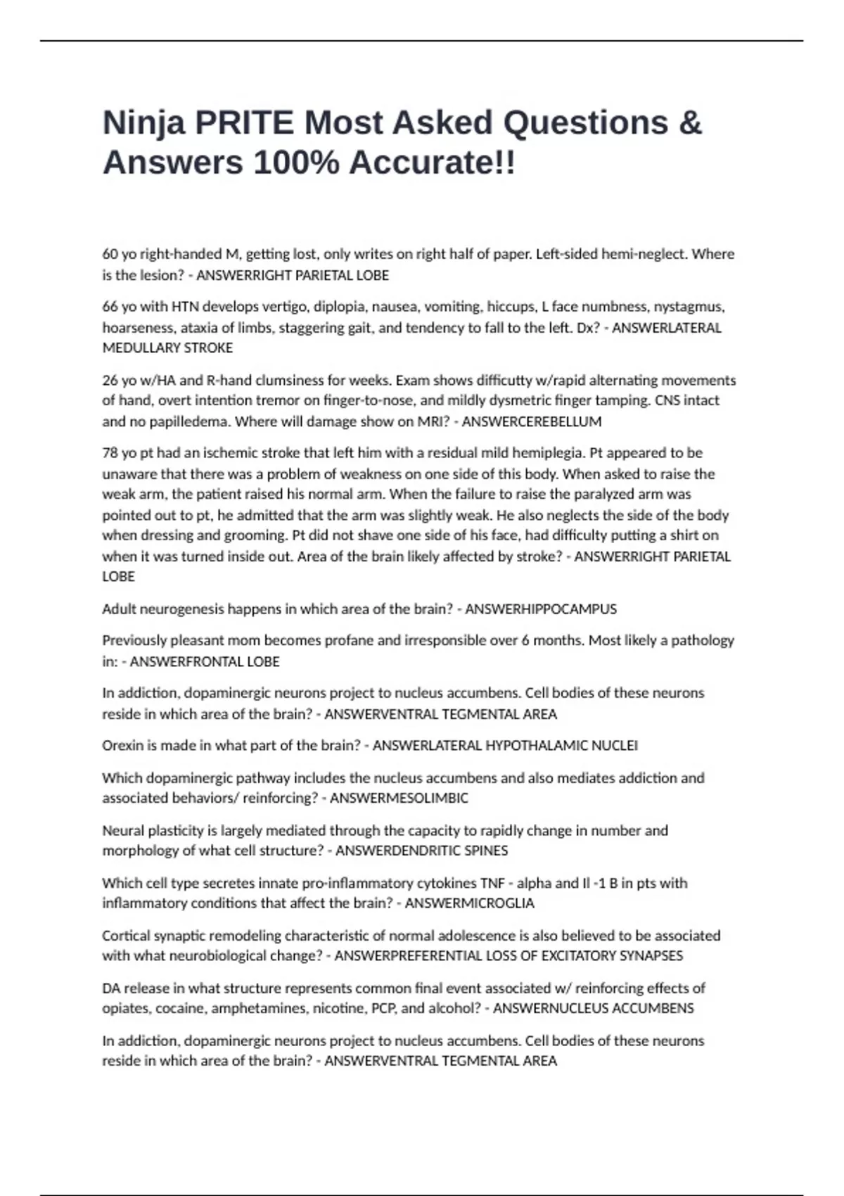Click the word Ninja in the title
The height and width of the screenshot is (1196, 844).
144,123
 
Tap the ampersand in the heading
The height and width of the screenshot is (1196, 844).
691,123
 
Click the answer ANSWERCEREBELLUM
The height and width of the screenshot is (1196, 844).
531,421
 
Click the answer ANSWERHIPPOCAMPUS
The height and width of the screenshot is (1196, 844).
541,609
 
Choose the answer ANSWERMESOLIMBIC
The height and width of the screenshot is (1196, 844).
399,798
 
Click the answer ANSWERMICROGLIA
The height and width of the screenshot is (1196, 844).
470,903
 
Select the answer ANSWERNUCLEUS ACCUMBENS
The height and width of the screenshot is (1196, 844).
593,1008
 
